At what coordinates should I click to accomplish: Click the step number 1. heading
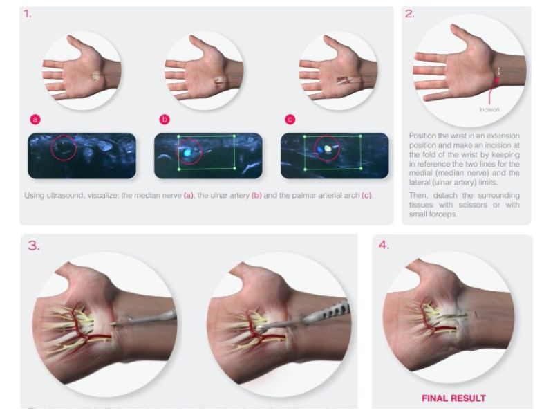point(28,13)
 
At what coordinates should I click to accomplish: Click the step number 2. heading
point(410,13)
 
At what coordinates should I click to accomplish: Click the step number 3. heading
point(33,244)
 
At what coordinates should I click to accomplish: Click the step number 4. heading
point(384,244)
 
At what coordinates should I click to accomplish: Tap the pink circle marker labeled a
point(35,119)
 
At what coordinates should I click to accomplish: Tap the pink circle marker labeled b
point(165,119)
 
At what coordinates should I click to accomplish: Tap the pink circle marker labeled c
point(290,119)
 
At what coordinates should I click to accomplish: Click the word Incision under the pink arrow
point(489,109)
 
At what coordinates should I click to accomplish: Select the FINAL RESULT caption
point(453,398)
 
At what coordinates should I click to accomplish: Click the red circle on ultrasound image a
point(64,148)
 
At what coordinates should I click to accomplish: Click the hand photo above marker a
point(82,70)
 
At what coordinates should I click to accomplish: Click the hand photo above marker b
point(204,70)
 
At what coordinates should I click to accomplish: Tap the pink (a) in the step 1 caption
point(188,196)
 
